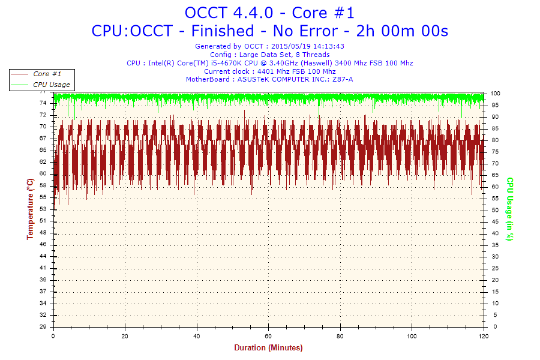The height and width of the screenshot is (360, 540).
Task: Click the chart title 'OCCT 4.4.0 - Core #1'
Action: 269,13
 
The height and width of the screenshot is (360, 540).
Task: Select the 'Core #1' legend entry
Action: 47,74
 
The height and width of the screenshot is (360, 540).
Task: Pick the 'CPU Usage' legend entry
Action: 51,85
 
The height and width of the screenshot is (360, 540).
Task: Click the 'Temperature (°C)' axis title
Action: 30,209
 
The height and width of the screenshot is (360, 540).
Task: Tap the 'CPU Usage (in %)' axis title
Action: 509,209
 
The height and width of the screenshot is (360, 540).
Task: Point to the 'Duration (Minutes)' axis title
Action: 268,348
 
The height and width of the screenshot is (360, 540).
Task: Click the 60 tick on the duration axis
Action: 268,335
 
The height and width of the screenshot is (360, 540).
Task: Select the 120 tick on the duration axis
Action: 483,335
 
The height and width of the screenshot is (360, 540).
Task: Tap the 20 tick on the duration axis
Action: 125,335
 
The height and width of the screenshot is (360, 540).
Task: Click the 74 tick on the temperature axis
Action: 43,103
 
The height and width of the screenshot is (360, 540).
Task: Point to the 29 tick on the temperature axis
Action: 43,327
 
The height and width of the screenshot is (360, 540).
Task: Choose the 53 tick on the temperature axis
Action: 43,209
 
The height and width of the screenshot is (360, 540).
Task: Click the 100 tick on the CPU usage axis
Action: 496,94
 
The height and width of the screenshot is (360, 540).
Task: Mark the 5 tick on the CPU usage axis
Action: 494,315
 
